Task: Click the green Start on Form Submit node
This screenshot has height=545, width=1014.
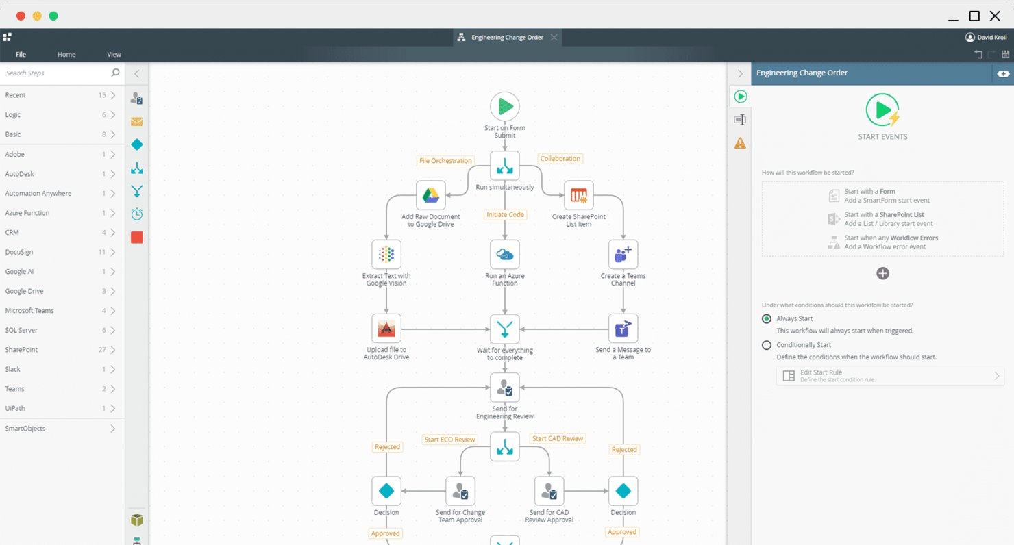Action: (505, 107)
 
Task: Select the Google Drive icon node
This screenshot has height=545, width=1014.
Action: (430, 195)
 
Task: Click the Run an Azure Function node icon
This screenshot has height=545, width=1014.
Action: (505, 255)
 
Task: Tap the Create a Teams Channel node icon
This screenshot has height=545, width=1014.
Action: (623, 255)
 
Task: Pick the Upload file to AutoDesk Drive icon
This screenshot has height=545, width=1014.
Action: (386, 329)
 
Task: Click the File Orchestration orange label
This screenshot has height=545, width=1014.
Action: (445, 161)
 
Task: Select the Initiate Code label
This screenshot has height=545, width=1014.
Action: (505, 214)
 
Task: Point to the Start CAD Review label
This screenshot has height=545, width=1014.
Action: (558, 438)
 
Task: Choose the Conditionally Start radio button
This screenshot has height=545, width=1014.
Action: (767, 345)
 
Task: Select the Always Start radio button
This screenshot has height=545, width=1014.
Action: (767, 318)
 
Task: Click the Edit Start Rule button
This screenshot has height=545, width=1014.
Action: (889, 376)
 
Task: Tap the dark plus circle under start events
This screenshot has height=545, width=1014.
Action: (882, 273)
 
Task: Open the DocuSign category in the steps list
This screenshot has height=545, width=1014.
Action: (59, 252)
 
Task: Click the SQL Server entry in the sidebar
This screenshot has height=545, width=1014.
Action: (59, 330)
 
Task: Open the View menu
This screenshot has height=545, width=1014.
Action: (114, 54)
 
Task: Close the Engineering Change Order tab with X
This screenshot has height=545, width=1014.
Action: (554, 37)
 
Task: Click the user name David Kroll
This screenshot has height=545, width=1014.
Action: (991, 37)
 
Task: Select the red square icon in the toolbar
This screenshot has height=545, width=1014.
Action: (137, 238)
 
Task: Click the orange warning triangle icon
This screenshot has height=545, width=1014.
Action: (740, 143)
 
